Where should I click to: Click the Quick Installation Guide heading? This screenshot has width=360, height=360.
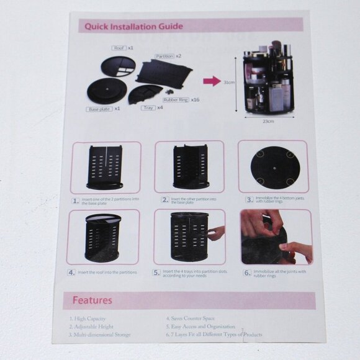click(x=133, y=26)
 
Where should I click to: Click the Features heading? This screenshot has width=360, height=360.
click(x=92, y=300)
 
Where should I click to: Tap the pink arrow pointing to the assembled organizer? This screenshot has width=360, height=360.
click(x=211, y=81)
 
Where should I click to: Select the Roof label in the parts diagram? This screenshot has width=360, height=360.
click(x=119, y=48)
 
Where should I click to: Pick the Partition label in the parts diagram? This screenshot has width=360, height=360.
click(x=164, y=56)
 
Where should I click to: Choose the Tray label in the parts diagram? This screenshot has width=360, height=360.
click(x=148, y=107)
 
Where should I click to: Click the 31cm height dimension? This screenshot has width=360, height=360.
click(x=228, y=81)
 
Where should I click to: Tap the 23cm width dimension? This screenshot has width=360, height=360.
click(x=269, y=121)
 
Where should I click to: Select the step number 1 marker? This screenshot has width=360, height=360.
click(x=74, y=200)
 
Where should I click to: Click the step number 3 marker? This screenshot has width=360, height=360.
click(x=248, y=200)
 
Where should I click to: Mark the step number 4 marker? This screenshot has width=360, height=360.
click(x=72, y=272)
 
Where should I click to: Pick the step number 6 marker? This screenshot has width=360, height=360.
click(x=246, y=272)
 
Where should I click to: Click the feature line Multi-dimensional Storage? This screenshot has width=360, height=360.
click(x=100, y=335)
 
